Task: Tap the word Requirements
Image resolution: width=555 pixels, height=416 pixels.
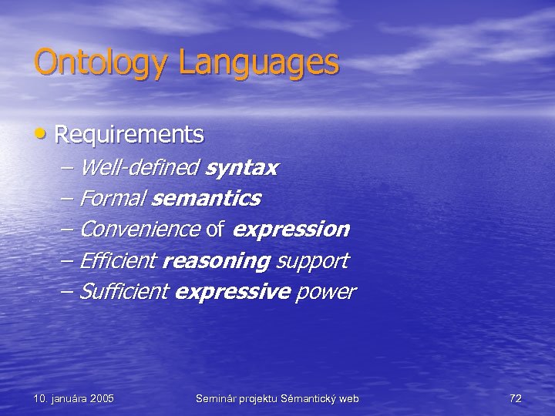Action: pyautogui.click(x=129, y=135)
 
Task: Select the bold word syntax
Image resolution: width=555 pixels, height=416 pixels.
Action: pyautogui.click(x=242, y=167)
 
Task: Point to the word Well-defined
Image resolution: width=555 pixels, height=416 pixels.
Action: pyautogui.click(x=140, y=167)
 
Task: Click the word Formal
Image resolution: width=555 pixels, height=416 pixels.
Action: pyautogui.click(x=113, y=199)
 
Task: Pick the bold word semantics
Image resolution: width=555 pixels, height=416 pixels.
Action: pyautogui.click(x=207, y=199)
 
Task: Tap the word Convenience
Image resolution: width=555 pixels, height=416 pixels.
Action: pyautogui.click(x=140, y=230)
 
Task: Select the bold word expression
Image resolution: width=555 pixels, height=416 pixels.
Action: pyautogui.click(x=291, y=230)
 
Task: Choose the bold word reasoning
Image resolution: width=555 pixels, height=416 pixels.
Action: pyautogui.click(x=217, y=261)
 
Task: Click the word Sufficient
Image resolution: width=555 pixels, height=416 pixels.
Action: pyautogui.click(x=123, y=292)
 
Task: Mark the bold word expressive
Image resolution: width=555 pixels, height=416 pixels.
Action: pyautogui.click(x=233, y=292)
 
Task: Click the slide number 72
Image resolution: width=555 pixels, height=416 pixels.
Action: pyautogui.click(x=516, y=398)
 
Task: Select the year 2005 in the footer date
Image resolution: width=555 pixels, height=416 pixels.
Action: pyautogui.click(x=102, y=398)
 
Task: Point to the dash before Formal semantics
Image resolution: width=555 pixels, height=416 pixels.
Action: pyautogui.click(x=66, y=199)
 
